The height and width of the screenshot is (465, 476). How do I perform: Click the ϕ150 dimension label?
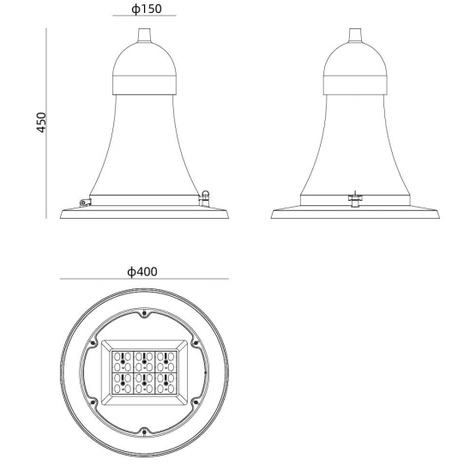[144, 9]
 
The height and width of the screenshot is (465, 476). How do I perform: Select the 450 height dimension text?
[41, 122]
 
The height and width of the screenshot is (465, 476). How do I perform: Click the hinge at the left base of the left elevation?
[83, 202]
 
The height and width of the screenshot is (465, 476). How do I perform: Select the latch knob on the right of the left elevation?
[205, 195]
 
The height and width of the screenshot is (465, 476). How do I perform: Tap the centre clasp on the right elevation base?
[353, 200]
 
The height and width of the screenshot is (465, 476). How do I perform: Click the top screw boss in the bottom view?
[144, 311]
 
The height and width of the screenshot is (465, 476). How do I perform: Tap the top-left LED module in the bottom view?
[124, 359]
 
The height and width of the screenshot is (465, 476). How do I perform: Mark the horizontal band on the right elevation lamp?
[354, 83]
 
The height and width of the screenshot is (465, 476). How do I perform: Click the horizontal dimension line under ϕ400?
[144, 280]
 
